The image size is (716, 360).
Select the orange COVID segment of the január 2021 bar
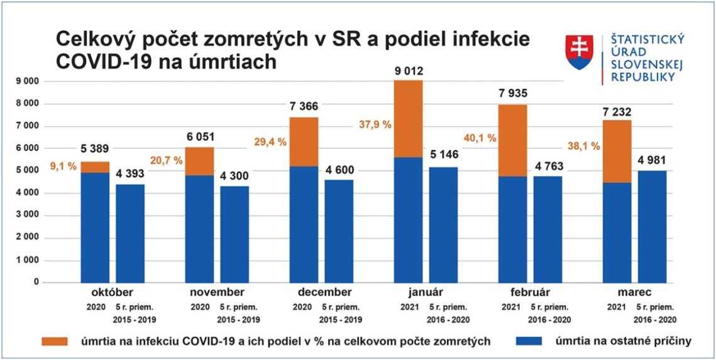408,119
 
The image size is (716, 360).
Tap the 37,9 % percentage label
376,124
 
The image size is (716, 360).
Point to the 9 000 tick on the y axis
28,81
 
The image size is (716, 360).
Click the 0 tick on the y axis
36,282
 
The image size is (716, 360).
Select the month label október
112,292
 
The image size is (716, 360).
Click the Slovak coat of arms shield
579,52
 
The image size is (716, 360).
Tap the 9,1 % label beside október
63,168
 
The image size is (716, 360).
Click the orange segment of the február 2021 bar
513,140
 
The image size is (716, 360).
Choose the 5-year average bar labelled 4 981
652,226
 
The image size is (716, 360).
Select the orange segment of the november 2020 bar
200,161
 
